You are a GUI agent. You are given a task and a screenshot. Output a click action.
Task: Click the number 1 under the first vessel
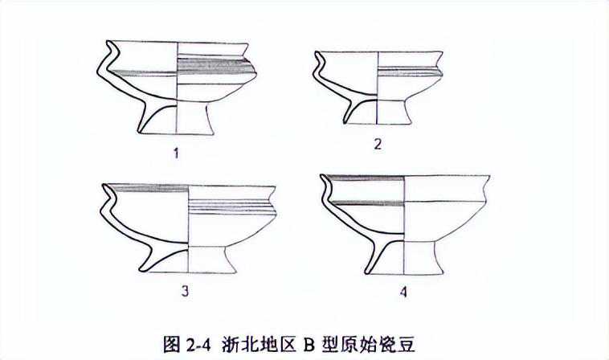pos(176,153)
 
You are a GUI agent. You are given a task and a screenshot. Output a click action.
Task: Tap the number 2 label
pos(378,145)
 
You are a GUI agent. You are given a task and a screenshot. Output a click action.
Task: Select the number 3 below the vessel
pos(186,290)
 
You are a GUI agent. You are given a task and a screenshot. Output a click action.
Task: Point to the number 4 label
pos(403,292)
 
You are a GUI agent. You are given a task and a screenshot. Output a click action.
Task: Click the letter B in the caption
pos(309,344)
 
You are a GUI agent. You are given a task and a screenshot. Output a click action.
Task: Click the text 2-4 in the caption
pos(198,344)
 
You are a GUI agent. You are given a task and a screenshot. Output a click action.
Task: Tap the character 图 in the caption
pos(171,344)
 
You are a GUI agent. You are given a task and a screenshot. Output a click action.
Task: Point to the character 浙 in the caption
pos(231,344)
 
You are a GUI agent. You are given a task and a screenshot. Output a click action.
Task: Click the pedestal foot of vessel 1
pos(176,118)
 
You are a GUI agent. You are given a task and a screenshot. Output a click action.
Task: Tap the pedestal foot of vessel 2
pos(378,112)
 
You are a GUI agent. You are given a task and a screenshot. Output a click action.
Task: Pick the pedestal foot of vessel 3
pos(188,259)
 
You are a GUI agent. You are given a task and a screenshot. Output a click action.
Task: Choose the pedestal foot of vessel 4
pos(404,258)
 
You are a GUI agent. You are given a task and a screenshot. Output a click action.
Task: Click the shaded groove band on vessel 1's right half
pos(215,66)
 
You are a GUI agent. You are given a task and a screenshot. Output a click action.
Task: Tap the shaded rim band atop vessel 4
pos(364,178)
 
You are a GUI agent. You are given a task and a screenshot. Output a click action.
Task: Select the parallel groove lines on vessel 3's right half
pos(231,207)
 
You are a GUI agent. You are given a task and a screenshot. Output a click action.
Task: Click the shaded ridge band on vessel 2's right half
pos(409,72)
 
